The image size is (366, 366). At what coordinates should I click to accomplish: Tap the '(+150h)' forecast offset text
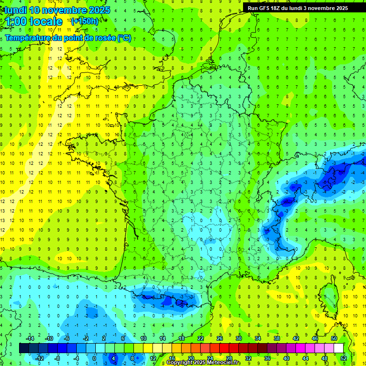84,21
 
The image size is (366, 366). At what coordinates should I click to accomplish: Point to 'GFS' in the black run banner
265,8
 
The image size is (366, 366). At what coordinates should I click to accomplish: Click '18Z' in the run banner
278,8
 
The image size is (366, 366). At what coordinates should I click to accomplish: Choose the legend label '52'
344,358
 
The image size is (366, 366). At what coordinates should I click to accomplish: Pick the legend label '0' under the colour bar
94,358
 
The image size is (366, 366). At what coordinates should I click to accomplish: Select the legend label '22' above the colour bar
201,338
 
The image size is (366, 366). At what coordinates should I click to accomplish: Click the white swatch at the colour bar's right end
339,348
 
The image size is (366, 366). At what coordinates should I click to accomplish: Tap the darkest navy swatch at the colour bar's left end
24,348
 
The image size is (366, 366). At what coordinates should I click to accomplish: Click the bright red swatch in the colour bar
224,348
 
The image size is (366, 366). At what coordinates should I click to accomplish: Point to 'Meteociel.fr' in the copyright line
224,363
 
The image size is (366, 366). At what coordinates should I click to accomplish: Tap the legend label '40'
286,358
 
